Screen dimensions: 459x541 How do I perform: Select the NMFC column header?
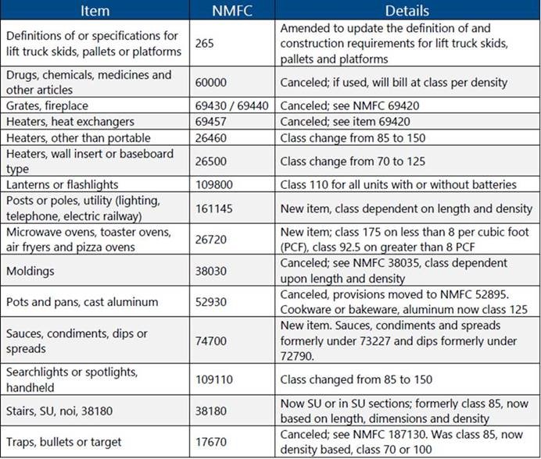232,11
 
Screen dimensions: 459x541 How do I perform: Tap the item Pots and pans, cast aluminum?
82,302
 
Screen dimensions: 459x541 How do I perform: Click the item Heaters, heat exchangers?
70,121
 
